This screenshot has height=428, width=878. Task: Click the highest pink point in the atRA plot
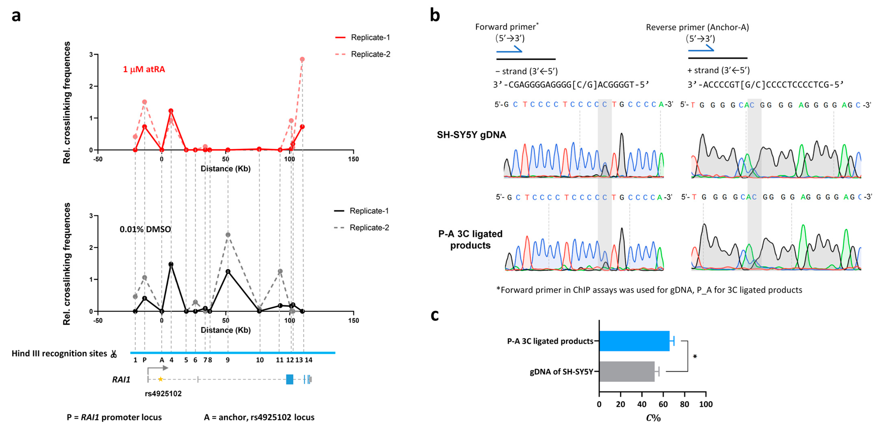point(302,59)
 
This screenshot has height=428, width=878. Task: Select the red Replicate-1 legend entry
point(362,38)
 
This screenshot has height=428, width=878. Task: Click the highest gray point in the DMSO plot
point(228,235)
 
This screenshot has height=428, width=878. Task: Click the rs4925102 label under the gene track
point(163,394)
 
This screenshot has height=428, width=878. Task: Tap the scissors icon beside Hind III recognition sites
point(114,354)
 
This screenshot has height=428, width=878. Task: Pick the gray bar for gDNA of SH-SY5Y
point(626,371)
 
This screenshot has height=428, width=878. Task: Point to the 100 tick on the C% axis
point(705,404)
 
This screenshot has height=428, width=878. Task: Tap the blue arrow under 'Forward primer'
point(509,51)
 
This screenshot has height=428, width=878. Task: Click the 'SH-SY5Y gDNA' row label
point(471,135)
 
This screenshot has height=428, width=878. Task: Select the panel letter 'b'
point(435,16)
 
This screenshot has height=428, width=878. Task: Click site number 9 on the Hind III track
point(228,360)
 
